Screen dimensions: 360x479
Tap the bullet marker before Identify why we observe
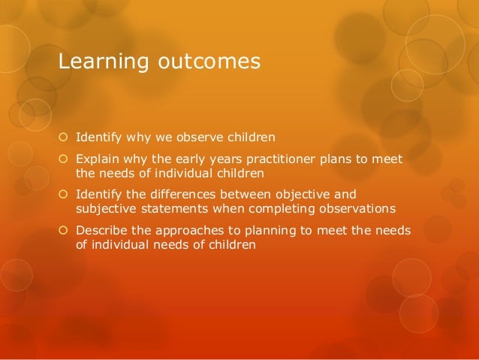[x=64, y=138]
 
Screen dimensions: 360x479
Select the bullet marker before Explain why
[x=64, y=159]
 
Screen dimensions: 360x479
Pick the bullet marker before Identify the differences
[x=64, y=194]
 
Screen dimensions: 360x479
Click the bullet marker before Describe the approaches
[x=64, y=229]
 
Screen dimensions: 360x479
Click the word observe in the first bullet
[x=197, y=138]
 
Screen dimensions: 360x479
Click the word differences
[x=195, y=194]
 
